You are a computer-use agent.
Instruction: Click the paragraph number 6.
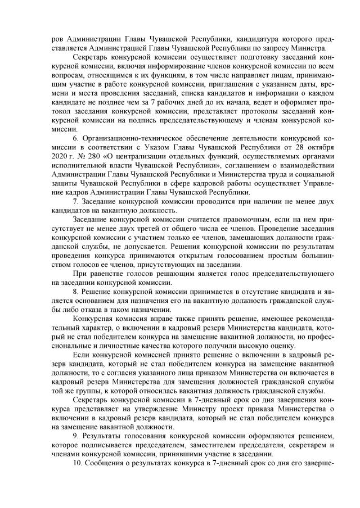[76, 137]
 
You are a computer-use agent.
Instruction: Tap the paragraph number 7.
[76, 200]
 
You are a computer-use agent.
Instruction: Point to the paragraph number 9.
[76, 436]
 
